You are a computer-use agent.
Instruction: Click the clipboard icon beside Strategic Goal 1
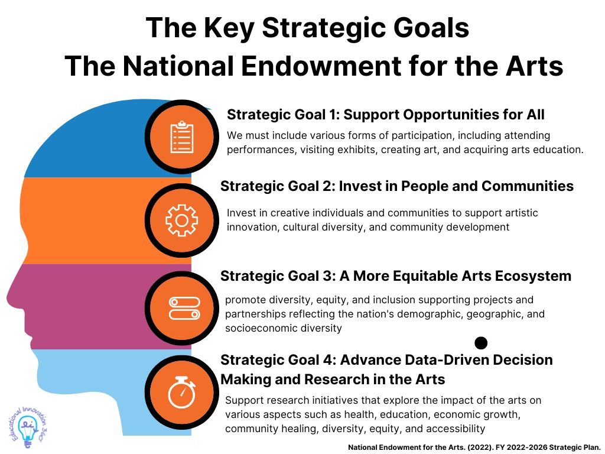point(182,137)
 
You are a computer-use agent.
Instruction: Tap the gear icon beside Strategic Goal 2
point(182,220)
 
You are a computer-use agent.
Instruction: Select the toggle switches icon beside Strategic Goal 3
point(185,308)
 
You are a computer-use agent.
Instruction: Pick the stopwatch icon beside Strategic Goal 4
point(182,392)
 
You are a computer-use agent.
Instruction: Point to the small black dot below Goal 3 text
point(481,342)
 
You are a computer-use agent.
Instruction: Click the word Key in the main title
point(229,28)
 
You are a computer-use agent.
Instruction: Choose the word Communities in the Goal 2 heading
point(528,186)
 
